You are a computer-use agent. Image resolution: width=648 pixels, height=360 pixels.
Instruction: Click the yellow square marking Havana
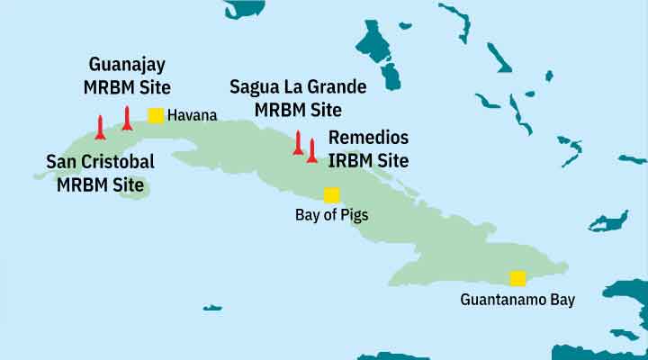click(x=155, y=115)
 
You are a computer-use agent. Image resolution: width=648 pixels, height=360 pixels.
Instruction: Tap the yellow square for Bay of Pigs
click(x=331, y=195)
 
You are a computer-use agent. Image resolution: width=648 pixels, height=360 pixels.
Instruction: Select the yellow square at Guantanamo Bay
click(x=517, y=278)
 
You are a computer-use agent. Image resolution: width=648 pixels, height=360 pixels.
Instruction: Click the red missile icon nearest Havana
click(x=127, y=118)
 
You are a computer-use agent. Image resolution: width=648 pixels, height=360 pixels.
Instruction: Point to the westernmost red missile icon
click(x=100, y=127)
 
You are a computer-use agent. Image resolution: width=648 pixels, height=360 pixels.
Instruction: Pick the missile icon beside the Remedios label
click(x=311, y=150)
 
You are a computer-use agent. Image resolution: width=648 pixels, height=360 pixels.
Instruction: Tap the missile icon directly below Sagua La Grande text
click(x=298, y=142)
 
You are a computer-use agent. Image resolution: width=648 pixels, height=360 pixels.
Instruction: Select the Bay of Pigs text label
click(x=331, y=215)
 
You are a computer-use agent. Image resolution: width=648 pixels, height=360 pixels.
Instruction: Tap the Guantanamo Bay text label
click(x=517, y=299)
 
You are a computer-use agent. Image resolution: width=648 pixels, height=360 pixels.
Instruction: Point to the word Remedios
click(x=368, y=139)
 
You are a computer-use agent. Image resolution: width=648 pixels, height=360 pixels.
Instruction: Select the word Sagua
click(x=255, y=88)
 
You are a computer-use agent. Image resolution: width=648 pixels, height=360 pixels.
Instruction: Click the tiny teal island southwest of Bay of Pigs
click(x=212, y=308)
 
